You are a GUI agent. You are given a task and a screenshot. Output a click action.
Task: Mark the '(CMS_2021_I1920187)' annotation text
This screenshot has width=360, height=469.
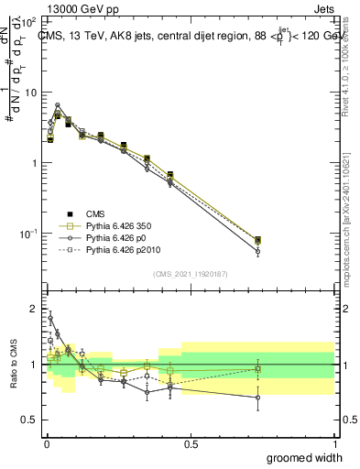point(190,272)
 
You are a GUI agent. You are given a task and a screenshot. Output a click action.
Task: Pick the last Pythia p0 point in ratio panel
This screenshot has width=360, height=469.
point(257,398)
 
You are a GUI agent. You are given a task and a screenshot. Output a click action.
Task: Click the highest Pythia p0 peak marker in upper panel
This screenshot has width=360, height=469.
point(58,105)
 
